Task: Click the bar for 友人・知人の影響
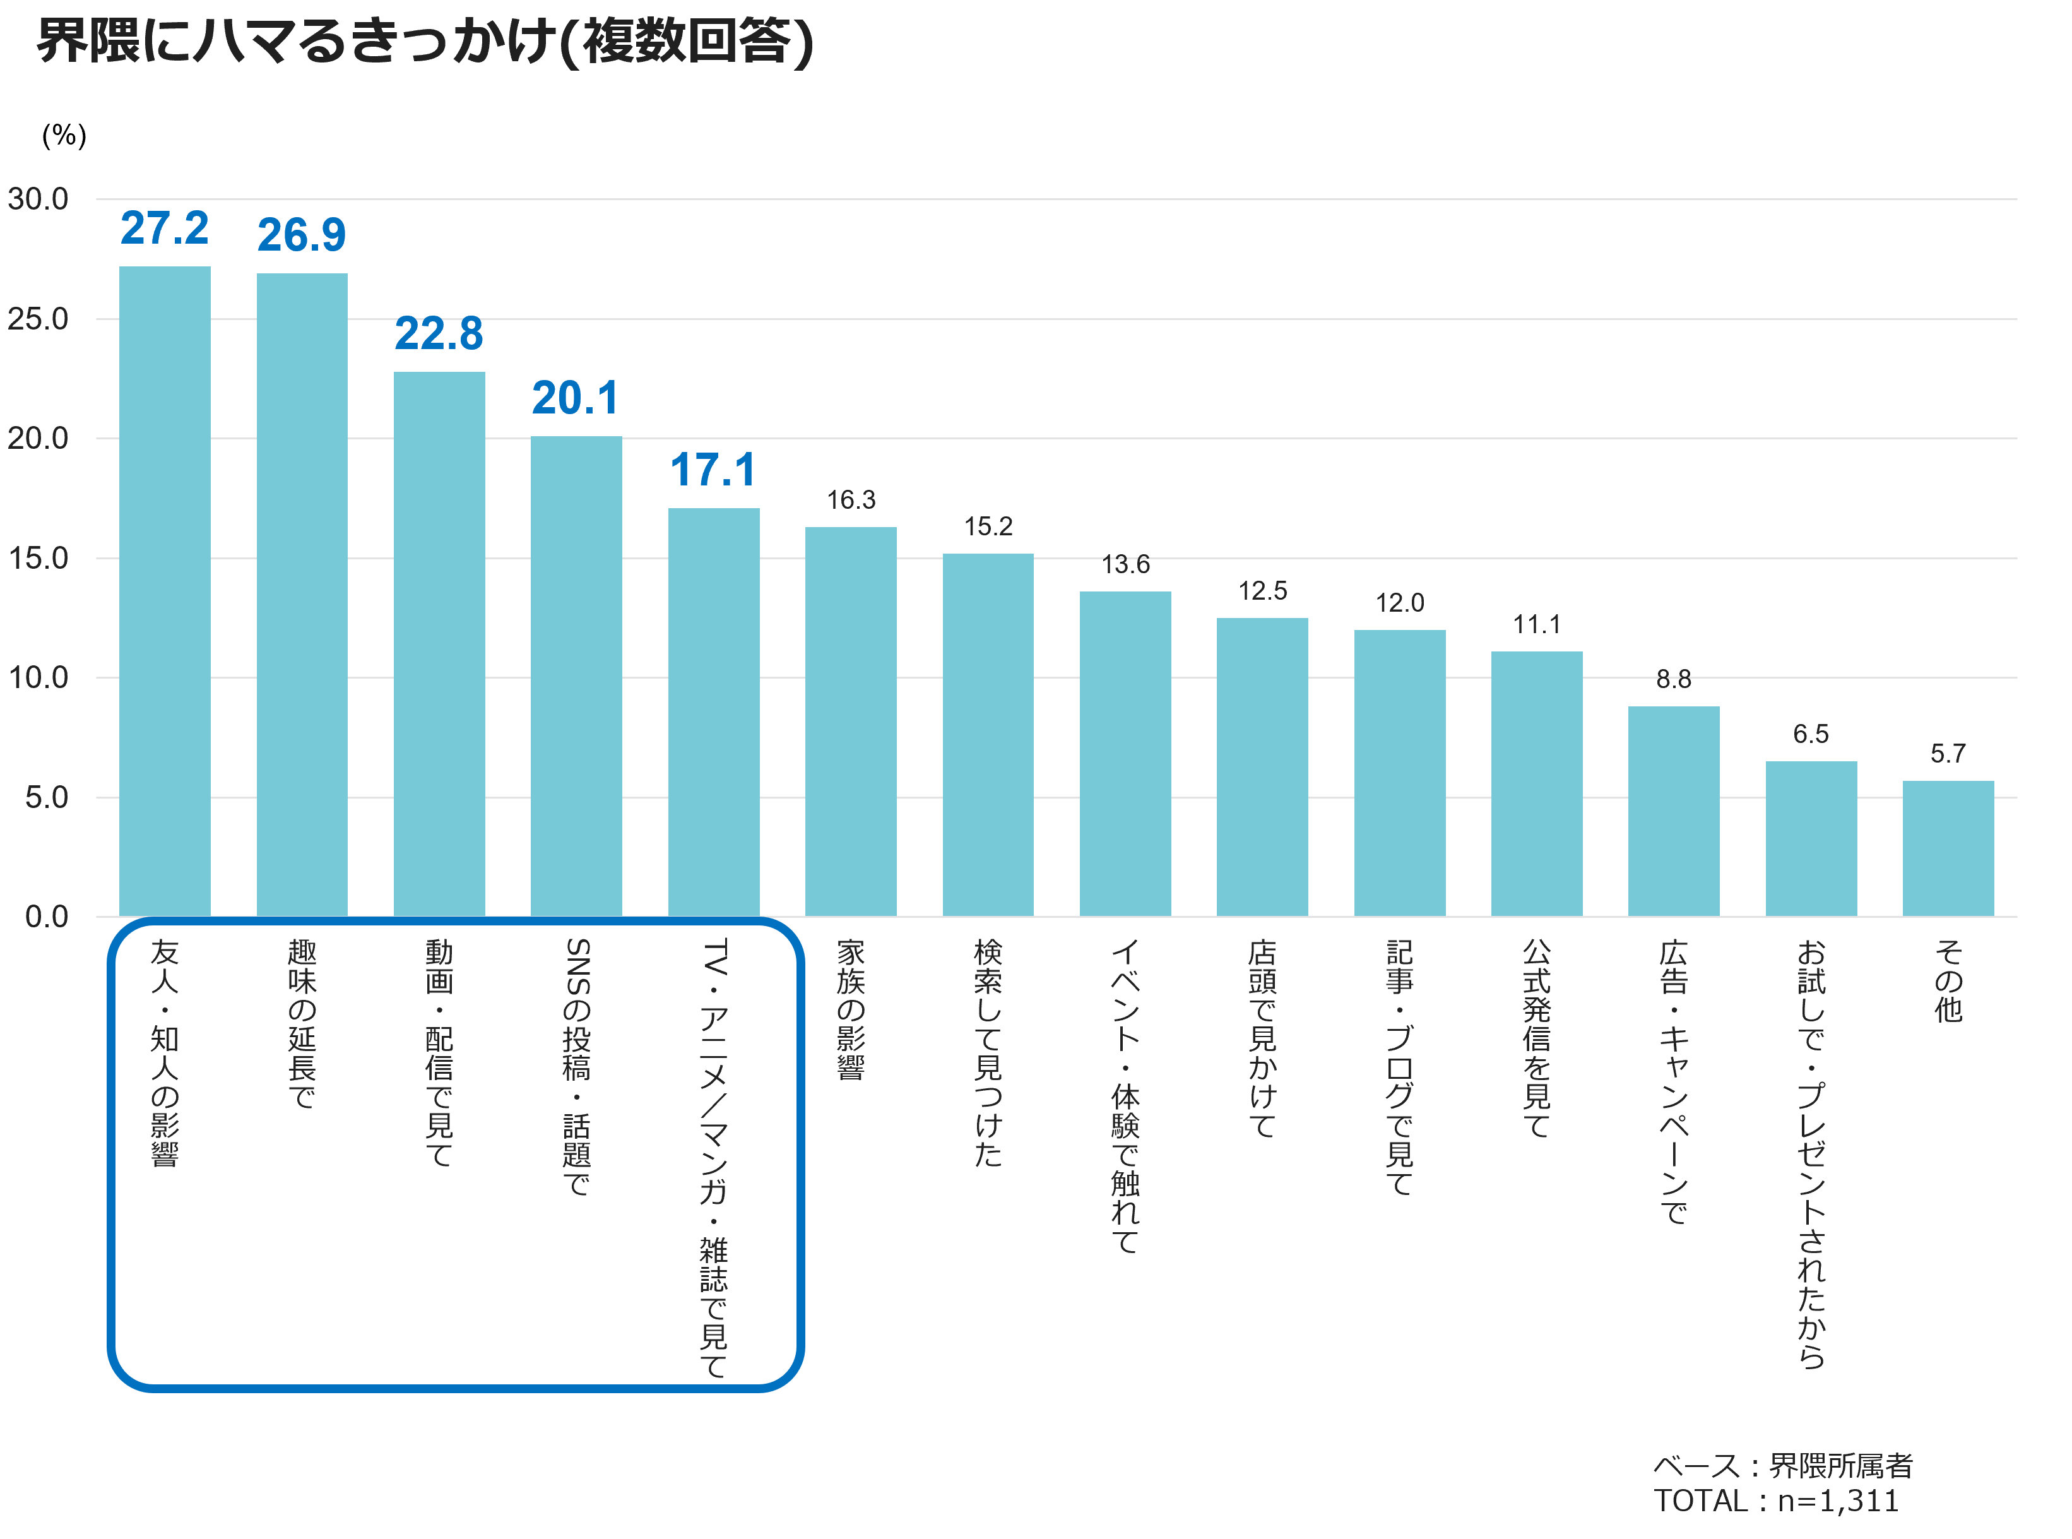point(165,591)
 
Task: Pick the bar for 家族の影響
point(850,722)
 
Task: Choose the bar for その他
point(1948,848)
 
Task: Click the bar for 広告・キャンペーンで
point(1673,811)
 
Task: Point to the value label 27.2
point(165,229)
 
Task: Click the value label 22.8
point(439,333)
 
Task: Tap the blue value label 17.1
point(713,470)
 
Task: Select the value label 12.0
point(1400,603)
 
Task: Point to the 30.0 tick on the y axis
point(38,198)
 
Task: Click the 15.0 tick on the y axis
point(38,558)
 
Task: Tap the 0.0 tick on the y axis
point(47,917)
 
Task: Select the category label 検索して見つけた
point(988,1053)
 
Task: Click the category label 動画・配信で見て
point(439,1053)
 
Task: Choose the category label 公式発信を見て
point(1537,1039)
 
